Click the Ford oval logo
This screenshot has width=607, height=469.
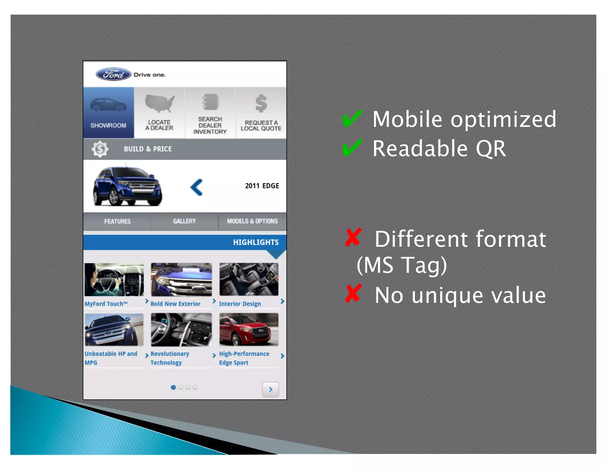point(113,74)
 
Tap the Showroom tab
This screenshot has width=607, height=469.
point(108,113)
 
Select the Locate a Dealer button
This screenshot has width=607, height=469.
point(159,113)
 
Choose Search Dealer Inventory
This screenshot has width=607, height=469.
point(210,113)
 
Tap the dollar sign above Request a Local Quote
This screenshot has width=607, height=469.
point(261,103)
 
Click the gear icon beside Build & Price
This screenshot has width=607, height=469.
point(100,149)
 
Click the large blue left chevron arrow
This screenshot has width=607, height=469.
point(197,187)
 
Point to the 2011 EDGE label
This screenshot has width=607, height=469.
point(262,186)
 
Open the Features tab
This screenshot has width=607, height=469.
point(117,221)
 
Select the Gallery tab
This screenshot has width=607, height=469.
point(184,221)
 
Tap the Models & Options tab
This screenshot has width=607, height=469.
point(253,221)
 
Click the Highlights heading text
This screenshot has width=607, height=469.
point(256,242)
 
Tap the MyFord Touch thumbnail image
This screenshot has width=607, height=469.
point(114,279)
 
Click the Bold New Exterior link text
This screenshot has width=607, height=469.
point(175,304)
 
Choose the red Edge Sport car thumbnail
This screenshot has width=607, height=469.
point(249,330)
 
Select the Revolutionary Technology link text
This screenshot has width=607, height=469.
point(170,358)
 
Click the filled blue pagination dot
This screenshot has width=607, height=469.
point(173,387)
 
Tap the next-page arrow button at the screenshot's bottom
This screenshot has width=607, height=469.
point(270,389)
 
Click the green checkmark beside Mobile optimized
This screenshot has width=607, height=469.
point(352,118)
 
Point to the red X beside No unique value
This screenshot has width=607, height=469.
point(353,294)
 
